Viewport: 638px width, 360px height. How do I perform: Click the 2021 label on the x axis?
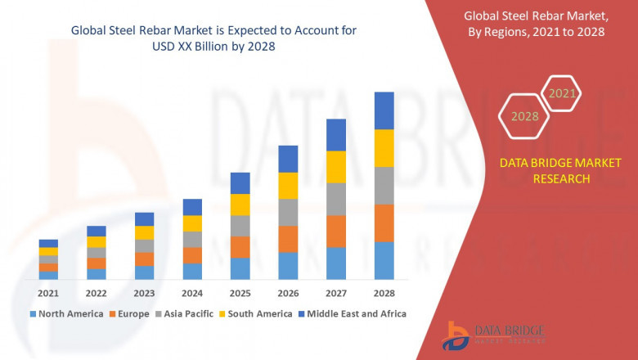(x=48, y=293)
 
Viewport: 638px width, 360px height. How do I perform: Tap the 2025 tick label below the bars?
(x=240, y=293)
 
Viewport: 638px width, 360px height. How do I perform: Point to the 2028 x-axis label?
(x=384, y=293)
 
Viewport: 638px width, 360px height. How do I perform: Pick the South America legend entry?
(x=258, y=313)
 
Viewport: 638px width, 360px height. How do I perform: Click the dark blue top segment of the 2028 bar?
(x=384, y=110)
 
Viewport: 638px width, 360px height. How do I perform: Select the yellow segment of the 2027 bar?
(x=336, y=167)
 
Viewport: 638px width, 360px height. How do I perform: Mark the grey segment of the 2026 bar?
(x=288, y=212)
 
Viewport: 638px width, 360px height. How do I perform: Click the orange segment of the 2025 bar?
(x=240, y=247)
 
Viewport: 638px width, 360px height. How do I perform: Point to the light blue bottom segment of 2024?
(x=192, y=272)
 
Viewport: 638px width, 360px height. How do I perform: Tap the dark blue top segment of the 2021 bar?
(x=48, y=243)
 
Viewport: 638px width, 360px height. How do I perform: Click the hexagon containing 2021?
(x=562, y=94)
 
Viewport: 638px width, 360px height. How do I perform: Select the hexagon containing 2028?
(x=524, y=116)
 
